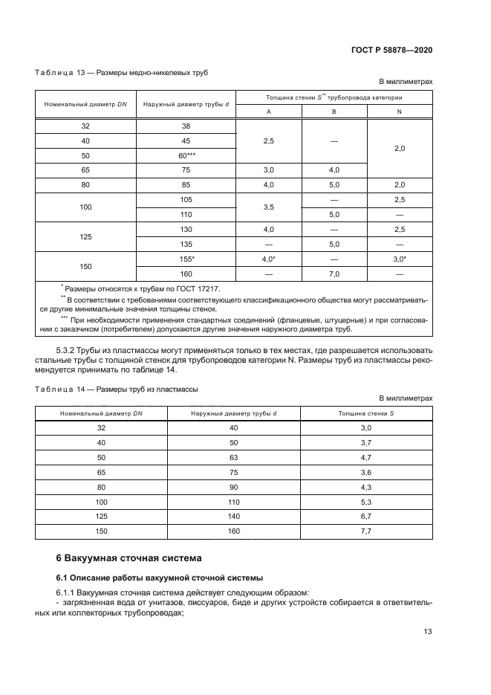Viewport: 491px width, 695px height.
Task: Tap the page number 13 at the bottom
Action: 427,632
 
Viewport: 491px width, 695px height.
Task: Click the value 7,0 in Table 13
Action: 334,274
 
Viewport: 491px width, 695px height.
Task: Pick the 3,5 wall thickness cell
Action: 268,207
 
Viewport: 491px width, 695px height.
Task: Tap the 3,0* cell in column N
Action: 399,259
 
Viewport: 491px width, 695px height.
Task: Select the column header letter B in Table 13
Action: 334,111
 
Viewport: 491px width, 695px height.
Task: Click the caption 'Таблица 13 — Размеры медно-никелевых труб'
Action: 121,73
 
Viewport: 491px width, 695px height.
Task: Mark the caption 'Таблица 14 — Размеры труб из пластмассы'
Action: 116,388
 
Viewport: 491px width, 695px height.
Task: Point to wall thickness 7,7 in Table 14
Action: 365,532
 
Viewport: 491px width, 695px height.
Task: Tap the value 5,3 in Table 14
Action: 365,502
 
